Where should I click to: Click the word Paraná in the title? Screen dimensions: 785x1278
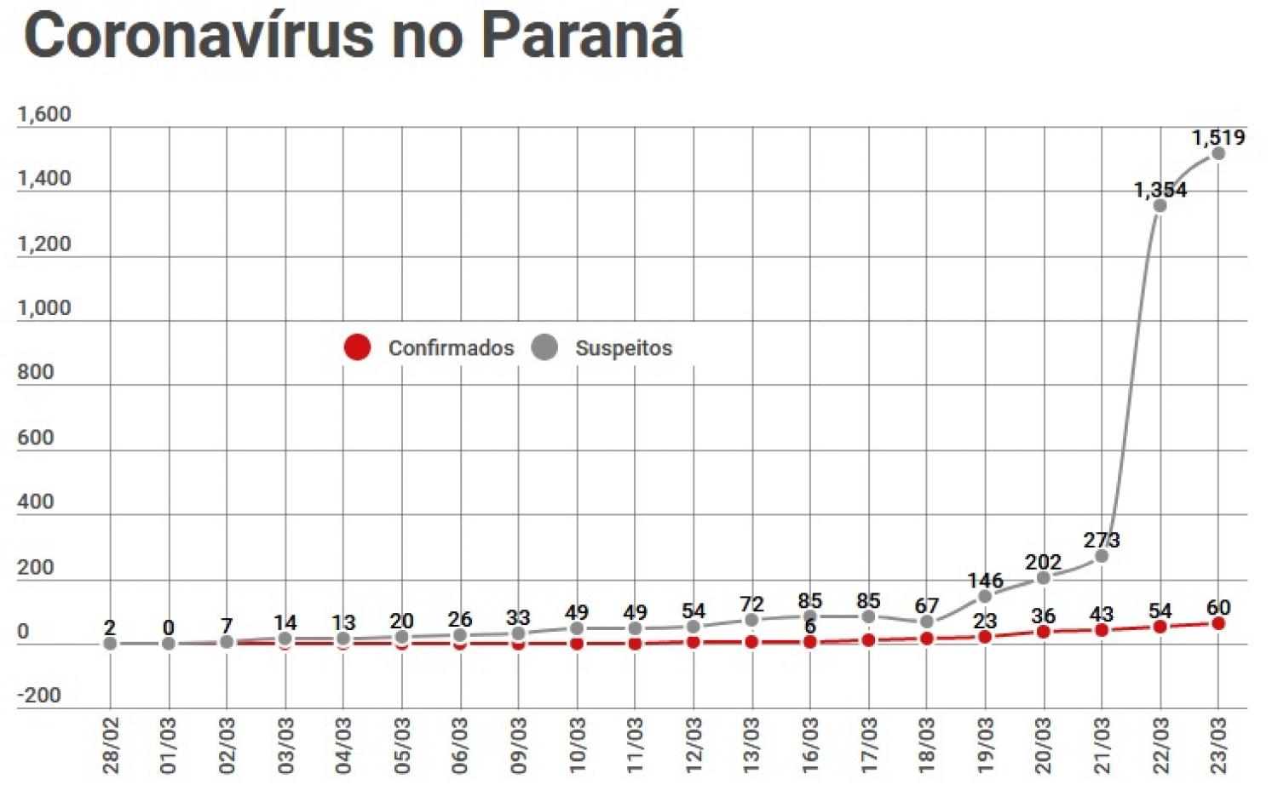(x=581, y=36)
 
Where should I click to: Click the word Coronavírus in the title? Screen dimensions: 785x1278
(x=199, y=36)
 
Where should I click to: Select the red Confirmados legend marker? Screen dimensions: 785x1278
(x=357, y=347)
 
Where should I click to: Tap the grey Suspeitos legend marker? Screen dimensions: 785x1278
(x=544, y=347)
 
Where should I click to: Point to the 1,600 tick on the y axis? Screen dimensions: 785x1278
(x=44, y=114)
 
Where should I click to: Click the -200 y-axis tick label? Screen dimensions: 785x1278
(x=39, y=696)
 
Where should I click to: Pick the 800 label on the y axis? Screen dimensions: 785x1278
(x=35, y=372)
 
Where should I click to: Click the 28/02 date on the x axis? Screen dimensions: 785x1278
(x=111, y=745)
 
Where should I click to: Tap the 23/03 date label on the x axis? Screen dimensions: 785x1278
(x=1218, y=745)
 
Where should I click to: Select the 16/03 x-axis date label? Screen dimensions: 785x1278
(x=810, y=745)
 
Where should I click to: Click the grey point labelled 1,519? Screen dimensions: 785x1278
(x=1218, y=154)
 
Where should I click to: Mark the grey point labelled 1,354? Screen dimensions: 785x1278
(x=1160, y=206)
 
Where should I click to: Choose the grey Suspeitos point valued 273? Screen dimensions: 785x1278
(x=1102, y=556)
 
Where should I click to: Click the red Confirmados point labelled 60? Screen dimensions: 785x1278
(x=1218, y=624)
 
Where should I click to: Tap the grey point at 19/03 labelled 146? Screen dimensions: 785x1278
(x=985, y=596)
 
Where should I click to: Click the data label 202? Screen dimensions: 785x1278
(x=1043, y=562)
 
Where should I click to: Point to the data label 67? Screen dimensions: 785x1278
(x=927, y=605)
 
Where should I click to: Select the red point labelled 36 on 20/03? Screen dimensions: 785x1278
(x=1044, y=632)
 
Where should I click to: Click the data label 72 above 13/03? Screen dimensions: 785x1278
(x=751, y=604)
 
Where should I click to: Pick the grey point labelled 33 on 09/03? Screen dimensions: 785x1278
(x=518, y=633)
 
